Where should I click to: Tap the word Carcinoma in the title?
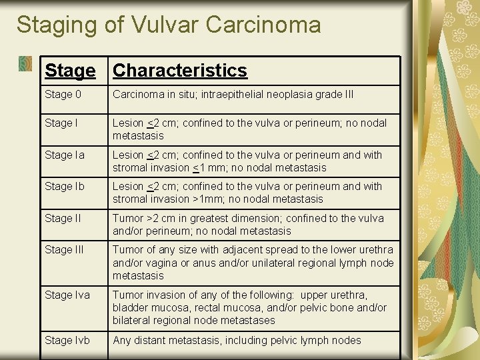pos(263,25)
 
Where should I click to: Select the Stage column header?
pos(69,70)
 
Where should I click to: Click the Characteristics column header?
pos(180,70)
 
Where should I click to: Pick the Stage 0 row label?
pos(63,95)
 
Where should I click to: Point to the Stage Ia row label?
pos(65,155)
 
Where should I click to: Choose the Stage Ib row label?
pos(65,187)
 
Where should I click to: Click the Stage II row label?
pos(62,219)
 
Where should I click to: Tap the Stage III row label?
pos(63,250)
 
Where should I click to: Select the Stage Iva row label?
pos(67,295)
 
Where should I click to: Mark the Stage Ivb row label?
pos(67,341)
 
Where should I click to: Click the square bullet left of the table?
pos(25,63)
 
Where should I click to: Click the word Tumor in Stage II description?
pos(127,219)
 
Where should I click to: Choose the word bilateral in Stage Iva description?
pos(132,321)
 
